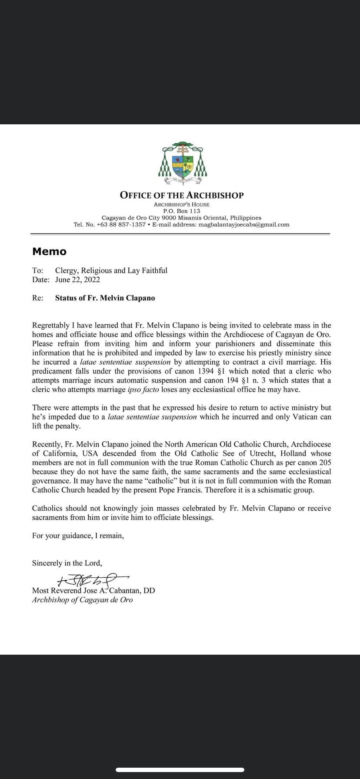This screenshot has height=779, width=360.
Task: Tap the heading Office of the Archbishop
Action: [182, 195]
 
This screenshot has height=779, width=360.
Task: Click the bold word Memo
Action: [49, 251]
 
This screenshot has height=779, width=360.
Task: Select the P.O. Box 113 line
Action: [182, 211]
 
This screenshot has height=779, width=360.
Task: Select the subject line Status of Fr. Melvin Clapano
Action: [105, 298]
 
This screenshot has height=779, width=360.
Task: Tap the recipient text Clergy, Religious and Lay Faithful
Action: [111, 270]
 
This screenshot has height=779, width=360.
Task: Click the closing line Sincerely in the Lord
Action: [67, 563]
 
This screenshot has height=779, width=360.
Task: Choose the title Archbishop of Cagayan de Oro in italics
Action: [82, 600]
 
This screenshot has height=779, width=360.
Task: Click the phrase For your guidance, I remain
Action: [78, 536]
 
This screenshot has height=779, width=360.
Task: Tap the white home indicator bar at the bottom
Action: [180, 770]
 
